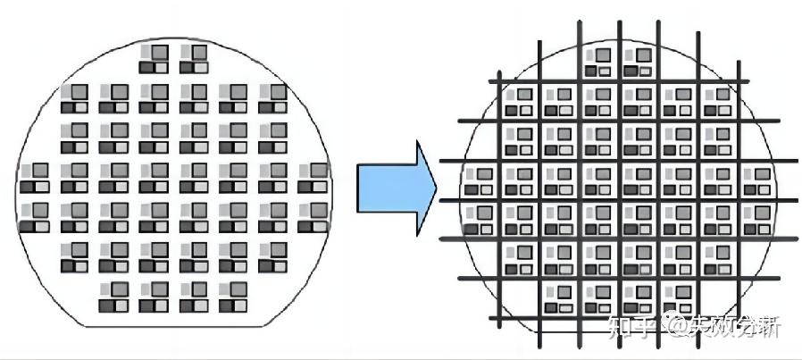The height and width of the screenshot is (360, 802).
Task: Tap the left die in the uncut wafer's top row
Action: [154, 59]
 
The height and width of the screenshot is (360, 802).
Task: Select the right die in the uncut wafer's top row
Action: [193, 59]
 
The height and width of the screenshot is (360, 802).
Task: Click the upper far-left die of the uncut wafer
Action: [34, 177]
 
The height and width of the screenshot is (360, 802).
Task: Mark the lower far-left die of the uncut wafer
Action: [34, 217]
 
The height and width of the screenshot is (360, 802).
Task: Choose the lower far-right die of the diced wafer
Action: [756, 219]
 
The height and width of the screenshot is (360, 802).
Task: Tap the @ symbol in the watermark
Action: [671, 327]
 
